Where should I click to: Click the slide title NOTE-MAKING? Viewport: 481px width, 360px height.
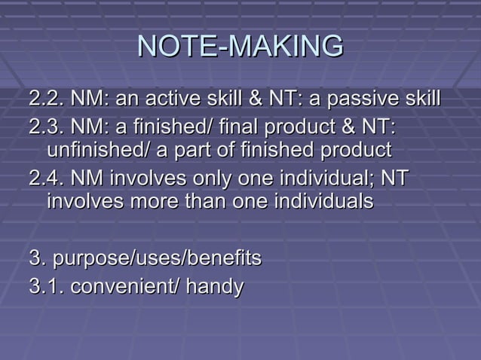point(240,47)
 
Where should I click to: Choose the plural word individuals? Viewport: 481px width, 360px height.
point(326,202)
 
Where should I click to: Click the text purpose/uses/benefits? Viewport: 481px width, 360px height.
point(145,258)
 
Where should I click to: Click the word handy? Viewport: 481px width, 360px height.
point(215,286)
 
